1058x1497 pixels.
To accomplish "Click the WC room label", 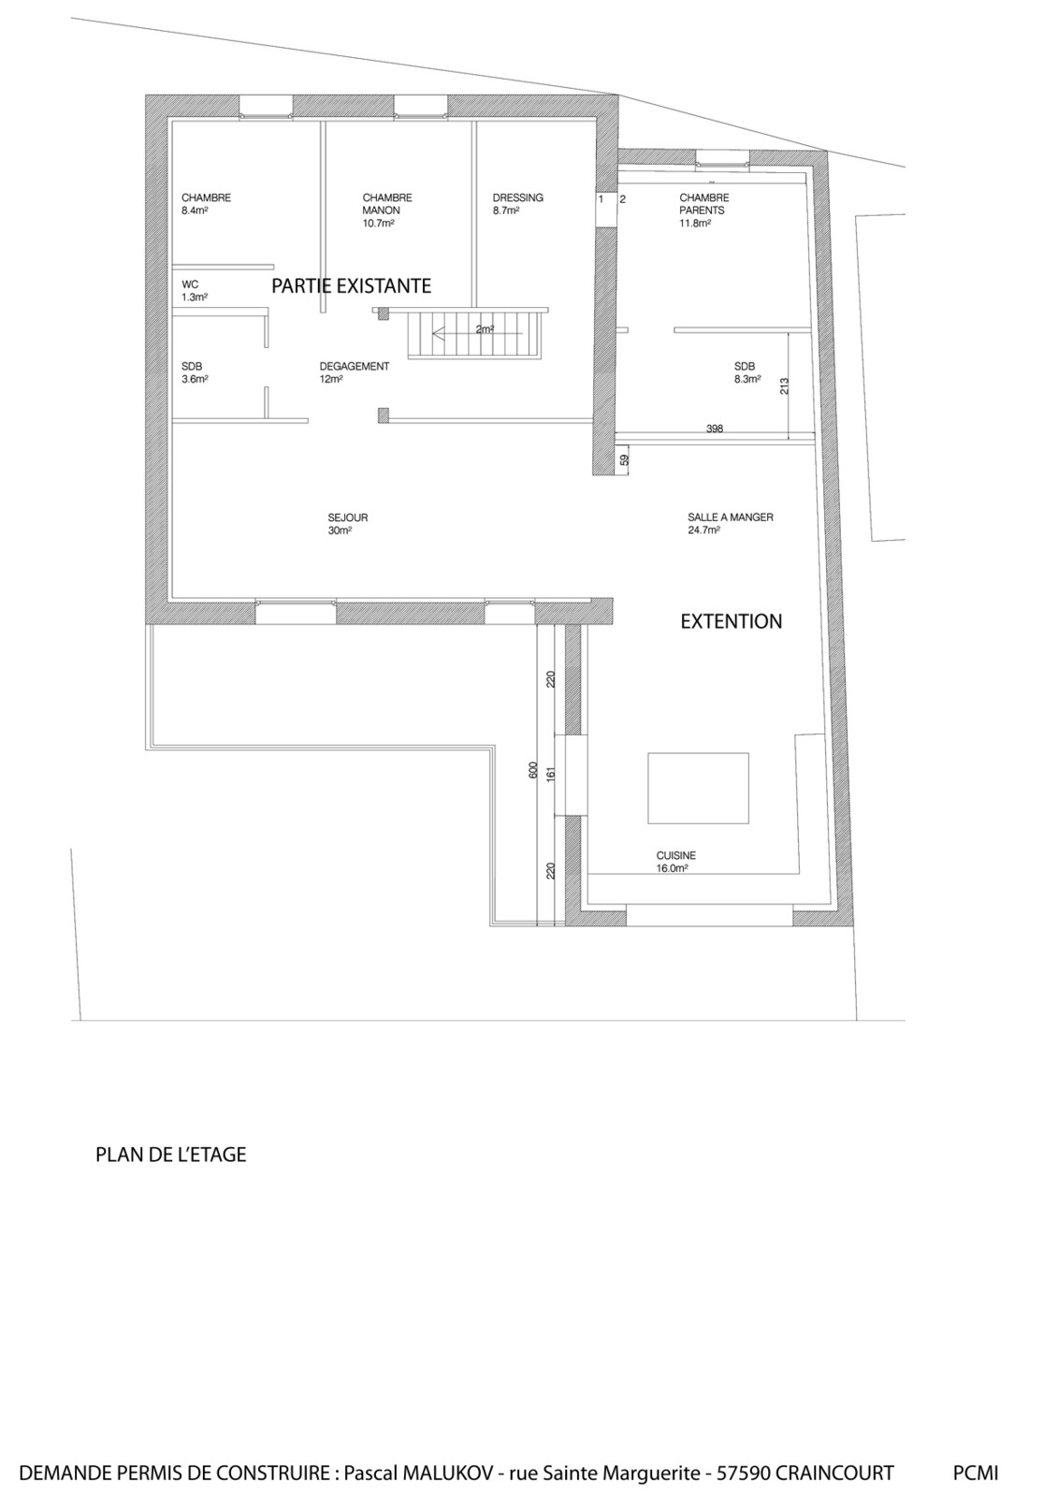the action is pyautogui.click(x=195, y=291).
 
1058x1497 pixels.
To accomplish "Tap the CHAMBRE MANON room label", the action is pyautogui.click(x=387, y=210).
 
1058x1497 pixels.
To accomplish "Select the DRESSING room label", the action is pyautogui.click(x=518, y=203).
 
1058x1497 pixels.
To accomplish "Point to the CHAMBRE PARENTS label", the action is pyautogui.click(x=703, y=210).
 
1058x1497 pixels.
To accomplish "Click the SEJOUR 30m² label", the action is pyautogui.click(x=348, y=524).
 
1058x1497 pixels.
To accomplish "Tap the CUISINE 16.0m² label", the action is pyautogui.click(x=675, y=862).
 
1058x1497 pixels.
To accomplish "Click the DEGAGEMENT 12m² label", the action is pyautogui.click(x=355, y=372).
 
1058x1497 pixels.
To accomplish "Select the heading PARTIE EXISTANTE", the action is pyautogui.click(x=351, y=286).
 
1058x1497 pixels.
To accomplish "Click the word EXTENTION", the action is pyautogui.click(x=732, y=621).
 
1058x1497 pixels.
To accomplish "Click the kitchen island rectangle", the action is pyautogui.click(x=698, y=788).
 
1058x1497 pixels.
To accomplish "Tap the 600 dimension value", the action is pyautogui.click(x=533, y=771).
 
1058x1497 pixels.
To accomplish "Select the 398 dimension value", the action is pyautogui.click(x=715, y=429).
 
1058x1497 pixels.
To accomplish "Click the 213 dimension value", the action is pyautogui.click(x=785, y=386).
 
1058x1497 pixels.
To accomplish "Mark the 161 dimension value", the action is pyautogui.click(x=551, y=774).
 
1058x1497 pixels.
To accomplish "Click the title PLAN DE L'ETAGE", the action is pyautogui.click(x=171, y=1155).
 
